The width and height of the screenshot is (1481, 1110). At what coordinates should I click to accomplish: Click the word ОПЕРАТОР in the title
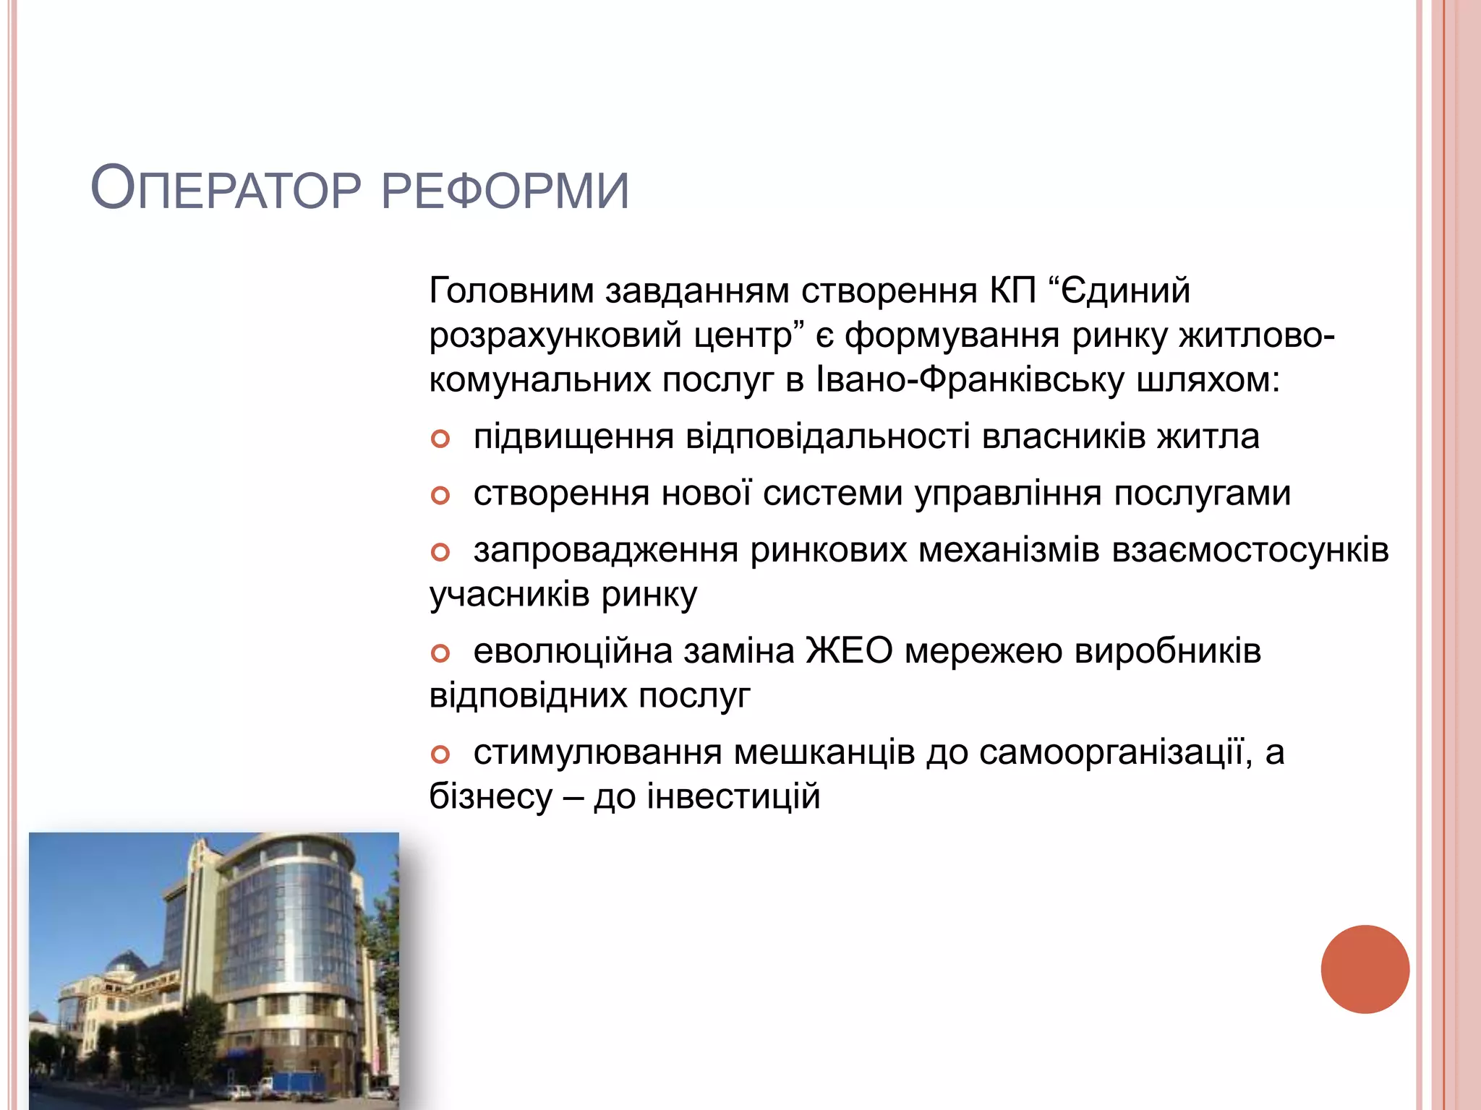[x=226, y=190]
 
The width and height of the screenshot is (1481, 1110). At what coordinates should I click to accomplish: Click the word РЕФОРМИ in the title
[x=505, y=192]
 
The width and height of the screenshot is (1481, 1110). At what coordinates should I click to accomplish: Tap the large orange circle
[x=1365, y=969]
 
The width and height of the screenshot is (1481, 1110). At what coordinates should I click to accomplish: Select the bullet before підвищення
[x=440, y=439]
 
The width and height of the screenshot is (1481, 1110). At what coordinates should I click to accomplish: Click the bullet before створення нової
[x=440, y=496]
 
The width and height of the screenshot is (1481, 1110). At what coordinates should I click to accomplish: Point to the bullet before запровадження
[x=440, y=553]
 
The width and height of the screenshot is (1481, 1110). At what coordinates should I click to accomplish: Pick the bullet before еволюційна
[x=440, y=653]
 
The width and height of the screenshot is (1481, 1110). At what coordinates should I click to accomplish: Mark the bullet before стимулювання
[x=440, y=754]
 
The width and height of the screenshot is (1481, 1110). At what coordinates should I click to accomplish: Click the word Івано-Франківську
[x=969, y=380]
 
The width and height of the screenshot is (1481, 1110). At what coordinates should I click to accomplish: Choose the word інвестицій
[x=733, y=796]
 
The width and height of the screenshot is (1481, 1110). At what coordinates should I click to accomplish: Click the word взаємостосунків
[x=1250, y=551]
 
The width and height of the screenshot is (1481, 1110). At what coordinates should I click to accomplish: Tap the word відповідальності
[x=827, y=436]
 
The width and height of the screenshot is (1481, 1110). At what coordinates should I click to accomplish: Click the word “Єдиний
[x=1119, y=291]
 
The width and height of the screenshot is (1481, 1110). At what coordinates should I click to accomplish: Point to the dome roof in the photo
[x=127, y=963]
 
